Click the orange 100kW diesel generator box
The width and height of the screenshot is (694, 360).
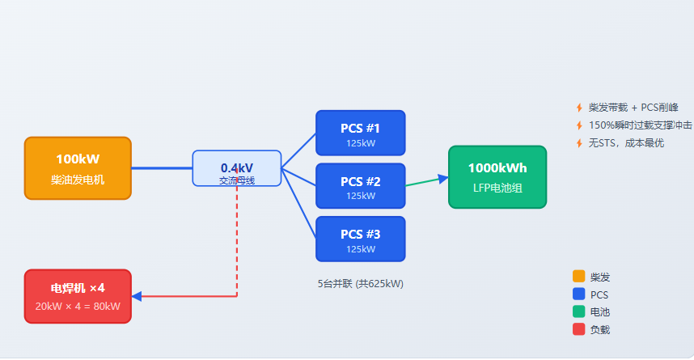[x=78, y=168]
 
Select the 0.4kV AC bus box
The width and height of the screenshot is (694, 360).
[x=237, y=168]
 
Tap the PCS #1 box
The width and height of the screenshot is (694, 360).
[x=360, y=133]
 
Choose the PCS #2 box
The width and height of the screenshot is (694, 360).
[x=360, y=186]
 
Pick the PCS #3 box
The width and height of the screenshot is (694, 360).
[x=360, y=239]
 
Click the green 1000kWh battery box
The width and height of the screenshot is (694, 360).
[x=497, y=177]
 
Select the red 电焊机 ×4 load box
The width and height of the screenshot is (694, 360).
[x=78, y=296]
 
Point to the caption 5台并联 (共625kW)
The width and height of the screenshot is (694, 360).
[x=360, y=284]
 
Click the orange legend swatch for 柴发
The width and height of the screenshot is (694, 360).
[x=579, y=277]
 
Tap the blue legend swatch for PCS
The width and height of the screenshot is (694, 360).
[x=579, y=294]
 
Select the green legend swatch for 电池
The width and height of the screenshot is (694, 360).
[x=579, y=311]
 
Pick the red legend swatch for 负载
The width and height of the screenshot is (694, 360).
[x=579, y=329]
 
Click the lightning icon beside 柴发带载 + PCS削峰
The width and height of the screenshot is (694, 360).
[x=579, y=108]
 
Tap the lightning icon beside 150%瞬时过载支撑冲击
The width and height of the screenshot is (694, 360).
[x=579, y=125]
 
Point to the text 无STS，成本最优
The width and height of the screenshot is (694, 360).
[x=626, y=143]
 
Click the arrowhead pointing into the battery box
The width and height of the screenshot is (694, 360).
[x=443, y=179]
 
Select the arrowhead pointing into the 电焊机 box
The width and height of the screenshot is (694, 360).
[x=137, y=296]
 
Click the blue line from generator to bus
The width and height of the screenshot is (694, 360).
[x=162, y=168]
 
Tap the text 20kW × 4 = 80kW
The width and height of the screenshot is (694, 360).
[x=78, y=307]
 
